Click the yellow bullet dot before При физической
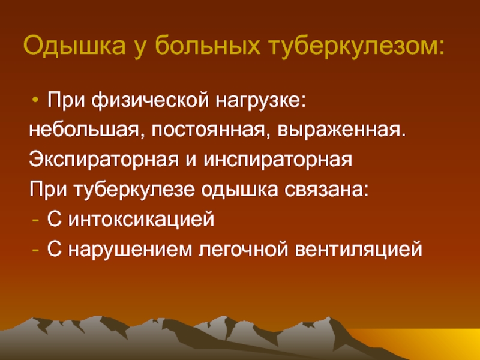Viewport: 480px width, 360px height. [x=35, y=100]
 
